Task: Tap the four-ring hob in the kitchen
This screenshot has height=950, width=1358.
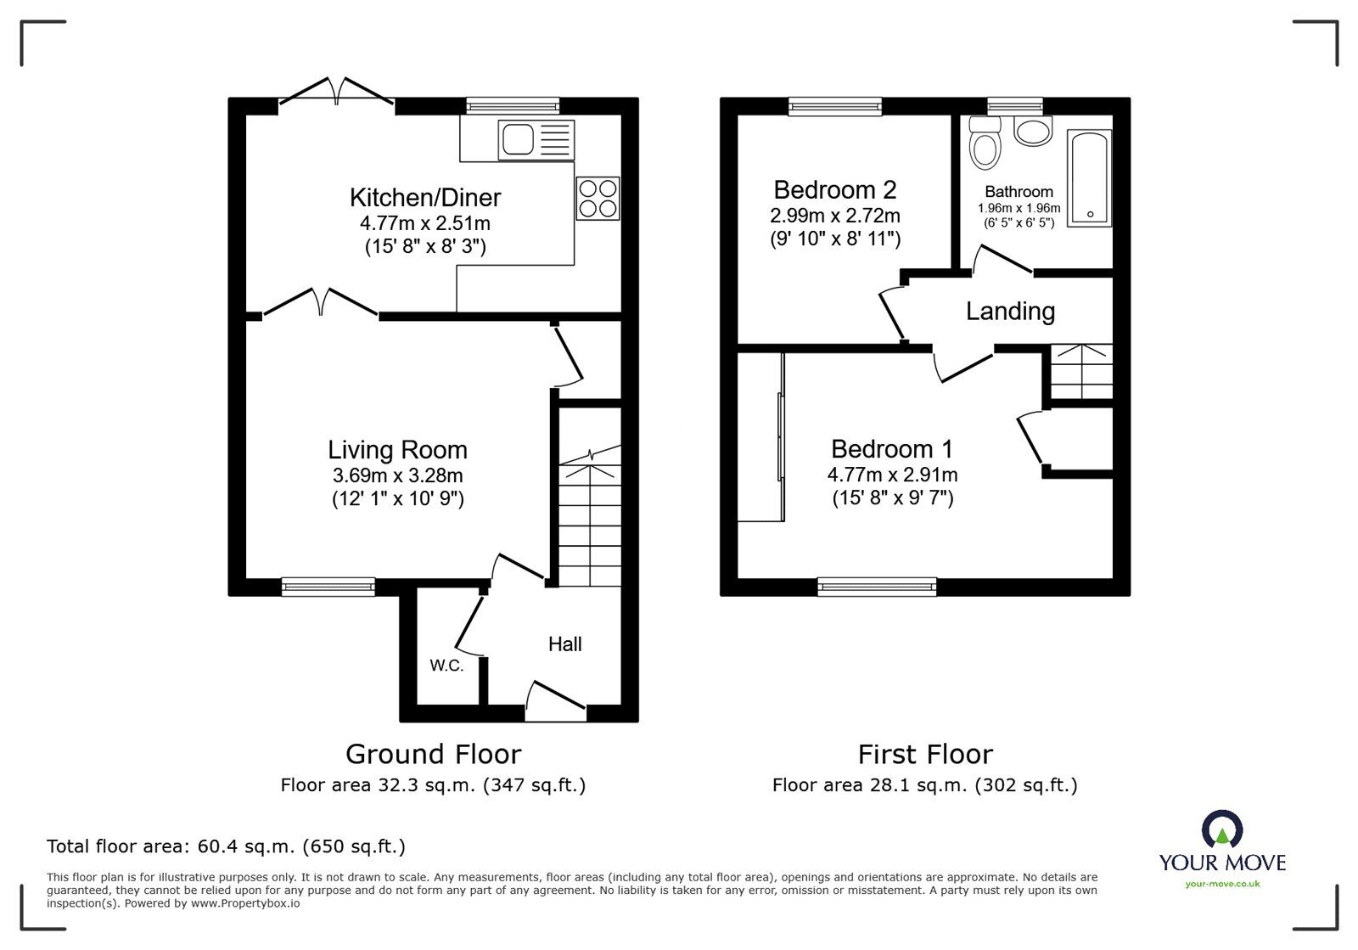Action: point(598,198)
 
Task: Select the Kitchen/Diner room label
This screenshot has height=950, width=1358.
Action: point(425,197)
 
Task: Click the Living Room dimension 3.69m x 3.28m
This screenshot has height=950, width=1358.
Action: point(397,475)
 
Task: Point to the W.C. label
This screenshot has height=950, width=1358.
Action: point(446,666)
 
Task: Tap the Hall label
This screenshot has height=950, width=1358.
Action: point(564,644)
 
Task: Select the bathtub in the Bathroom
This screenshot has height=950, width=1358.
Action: point(1090,177)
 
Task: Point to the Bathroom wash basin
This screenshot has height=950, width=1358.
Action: point(1033,131)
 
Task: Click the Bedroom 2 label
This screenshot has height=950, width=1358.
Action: point(834,189)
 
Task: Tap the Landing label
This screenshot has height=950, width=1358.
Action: point(1010,311)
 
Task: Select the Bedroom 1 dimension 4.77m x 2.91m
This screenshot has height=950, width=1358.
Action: point(892,475)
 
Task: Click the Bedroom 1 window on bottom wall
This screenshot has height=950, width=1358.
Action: point(878,586)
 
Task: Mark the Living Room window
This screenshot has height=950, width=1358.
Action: point(328,586)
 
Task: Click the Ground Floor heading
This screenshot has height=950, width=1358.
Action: point(433,754)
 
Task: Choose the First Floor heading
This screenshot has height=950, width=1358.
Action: point(924,754)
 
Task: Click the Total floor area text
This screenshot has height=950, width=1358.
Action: point(226,846)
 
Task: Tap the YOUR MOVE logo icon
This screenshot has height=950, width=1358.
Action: point(1221,829)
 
